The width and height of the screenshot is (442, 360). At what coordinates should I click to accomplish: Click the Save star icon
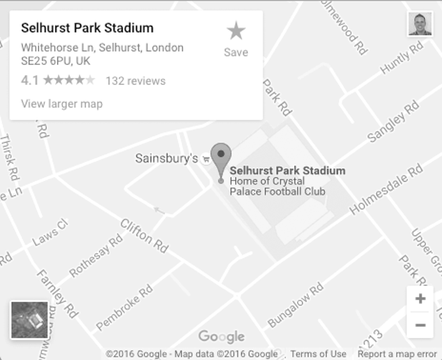(236, 32)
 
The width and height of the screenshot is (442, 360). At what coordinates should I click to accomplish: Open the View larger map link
(62, 104)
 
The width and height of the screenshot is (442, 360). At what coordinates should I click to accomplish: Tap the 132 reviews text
(136, 81)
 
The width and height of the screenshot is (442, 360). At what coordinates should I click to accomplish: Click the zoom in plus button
(420, 299)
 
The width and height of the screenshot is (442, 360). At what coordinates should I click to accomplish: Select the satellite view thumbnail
(29, 320)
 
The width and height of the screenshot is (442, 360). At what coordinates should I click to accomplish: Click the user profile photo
(420, 24)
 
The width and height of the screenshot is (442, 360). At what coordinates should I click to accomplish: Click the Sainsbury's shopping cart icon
(206, 159)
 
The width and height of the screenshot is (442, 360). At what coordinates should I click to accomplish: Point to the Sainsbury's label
(166, 158)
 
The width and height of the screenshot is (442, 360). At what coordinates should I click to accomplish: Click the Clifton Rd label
(144, 236)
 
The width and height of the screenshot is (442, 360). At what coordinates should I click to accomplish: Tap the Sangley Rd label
(393, 121)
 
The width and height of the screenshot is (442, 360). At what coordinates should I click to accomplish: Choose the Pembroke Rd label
(124, 307)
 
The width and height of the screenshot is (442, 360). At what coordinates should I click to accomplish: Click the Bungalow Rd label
(295, 305)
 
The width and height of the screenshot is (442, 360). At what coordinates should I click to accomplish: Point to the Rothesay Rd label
(96, 256)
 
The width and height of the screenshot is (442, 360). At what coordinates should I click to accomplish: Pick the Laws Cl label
(50, 232)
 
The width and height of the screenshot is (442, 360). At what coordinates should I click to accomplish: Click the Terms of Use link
(318, 354)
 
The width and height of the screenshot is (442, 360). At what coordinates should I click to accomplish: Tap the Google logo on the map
(221, 336)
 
